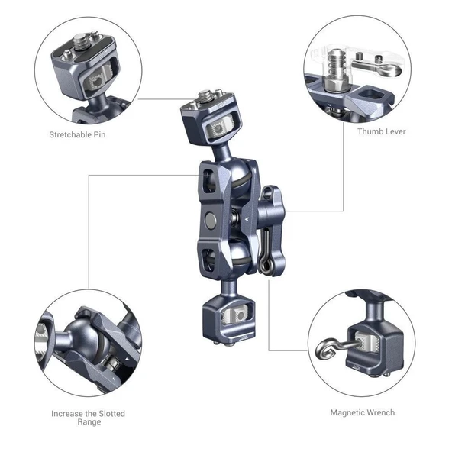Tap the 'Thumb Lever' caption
click(x=381, y=131)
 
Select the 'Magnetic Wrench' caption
click(x=362, y=413)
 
